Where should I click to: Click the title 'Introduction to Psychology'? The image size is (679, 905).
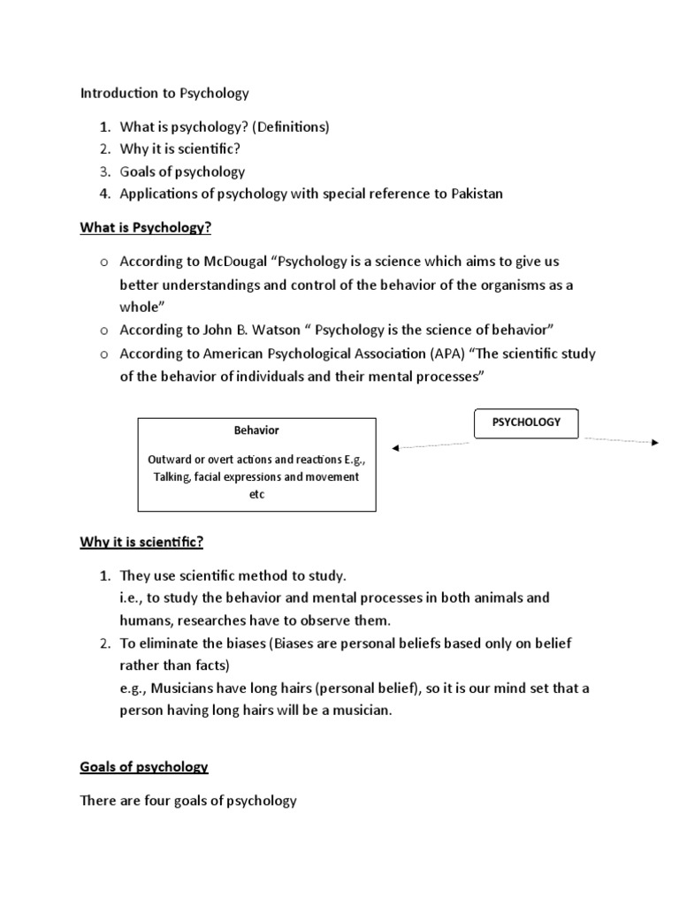pyautogui.click(x=165, y=93)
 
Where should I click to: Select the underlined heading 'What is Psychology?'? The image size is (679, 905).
pyautogui.click(x=146, y=228)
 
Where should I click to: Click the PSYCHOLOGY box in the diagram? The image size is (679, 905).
pyautogui.click(x=527, y=422)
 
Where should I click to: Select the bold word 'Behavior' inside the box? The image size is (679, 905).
pyautogui.click(x=256, y=430)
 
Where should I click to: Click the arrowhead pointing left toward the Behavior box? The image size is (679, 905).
pyautogui.click(x=396, y=448)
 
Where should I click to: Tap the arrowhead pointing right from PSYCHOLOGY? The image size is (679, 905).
pyautogui.click(x=655, y=442)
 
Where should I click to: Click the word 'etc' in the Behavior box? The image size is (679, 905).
pyautogui.click(x=256, y=495)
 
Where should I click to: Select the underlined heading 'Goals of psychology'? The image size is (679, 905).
pyautogui.click(x=144, y=767)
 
